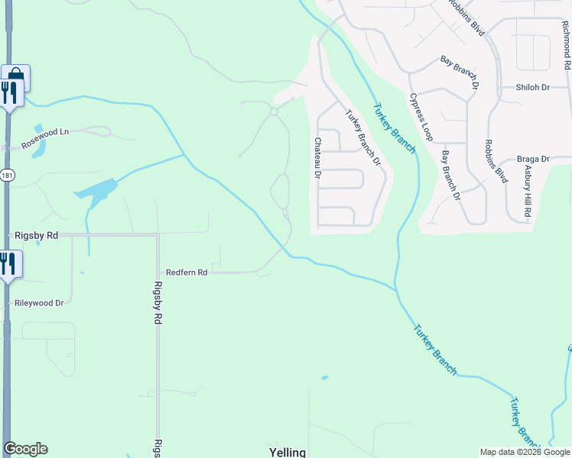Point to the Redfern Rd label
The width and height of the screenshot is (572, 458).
[187, 273]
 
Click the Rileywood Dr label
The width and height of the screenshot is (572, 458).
[39, 303]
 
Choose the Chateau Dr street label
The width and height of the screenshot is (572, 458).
[317, 158]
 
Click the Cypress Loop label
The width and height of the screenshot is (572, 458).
[421, 118]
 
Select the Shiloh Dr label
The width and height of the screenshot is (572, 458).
[533, 88]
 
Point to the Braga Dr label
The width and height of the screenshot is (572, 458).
[533, 159]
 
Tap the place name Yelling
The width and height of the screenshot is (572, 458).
[288, 452]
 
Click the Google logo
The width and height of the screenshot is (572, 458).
[25, 449]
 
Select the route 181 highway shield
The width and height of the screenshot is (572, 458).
[7, 175]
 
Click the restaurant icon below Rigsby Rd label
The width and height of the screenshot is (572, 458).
[8, 264]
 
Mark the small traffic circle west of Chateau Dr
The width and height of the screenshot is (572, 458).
[273, 112]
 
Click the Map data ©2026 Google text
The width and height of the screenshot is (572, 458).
[525, 452]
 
